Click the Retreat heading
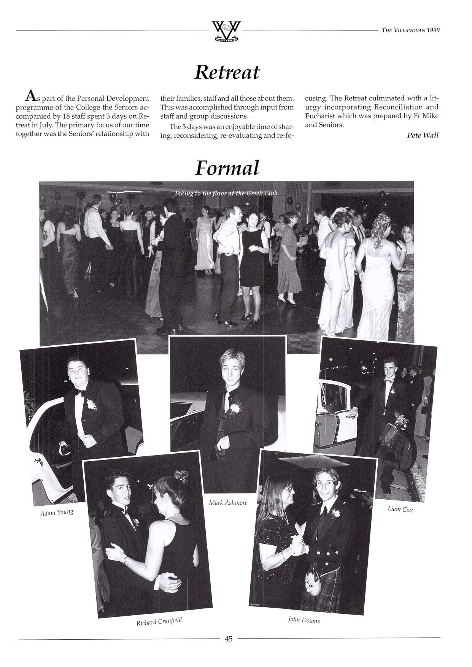(x=227, y=72)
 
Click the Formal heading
(x=227, y=168)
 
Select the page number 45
(x=229, y=638)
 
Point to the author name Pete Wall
(x=423, y=135)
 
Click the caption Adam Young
(x=57, y=513)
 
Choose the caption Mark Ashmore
(x=228, y=502)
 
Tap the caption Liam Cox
(x=400, y=509)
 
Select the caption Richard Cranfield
(x=159, y=621)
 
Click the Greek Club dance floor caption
(x=226, y=193)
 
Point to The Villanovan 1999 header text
(x=410, y=30)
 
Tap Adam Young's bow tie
(x=79, y=394)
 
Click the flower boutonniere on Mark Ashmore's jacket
(x=235, y=408)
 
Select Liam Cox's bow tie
(x=388, y=380)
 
